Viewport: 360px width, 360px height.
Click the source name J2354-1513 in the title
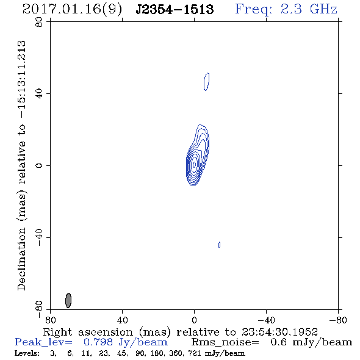coord(175,9)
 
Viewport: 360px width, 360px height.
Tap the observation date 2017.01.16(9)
coord(72,10)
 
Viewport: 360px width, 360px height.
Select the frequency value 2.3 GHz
coord(309,9)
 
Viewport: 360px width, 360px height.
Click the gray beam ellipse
coord(68,300)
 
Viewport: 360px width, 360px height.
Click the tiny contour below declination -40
coord(219,245)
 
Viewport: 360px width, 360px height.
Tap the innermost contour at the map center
coord(194,164)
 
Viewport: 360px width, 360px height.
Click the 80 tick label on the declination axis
coord(39,22)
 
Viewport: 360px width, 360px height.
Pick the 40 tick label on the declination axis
coord(39,94)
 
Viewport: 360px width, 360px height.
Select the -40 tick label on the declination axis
coord(39,237)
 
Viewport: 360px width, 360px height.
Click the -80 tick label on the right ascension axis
coord(338,320)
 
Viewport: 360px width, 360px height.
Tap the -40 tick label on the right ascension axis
coord(266,320)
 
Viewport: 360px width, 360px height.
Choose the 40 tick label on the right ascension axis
coord(122,320)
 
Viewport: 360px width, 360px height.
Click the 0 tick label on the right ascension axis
coord(194,320)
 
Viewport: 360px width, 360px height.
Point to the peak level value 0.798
coord(98,342)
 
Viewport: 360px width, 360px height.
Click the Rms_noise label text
coord(225,342)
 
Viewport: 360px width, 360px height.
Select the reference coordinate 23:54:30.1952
coord(279,332)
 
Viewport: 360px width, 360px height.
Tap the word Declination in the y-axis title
coord(21,259)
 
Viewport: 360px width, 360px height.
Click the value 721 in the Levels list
coord(194,353)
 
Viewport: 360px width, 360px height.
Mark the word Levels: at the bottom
coord(27,353)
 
